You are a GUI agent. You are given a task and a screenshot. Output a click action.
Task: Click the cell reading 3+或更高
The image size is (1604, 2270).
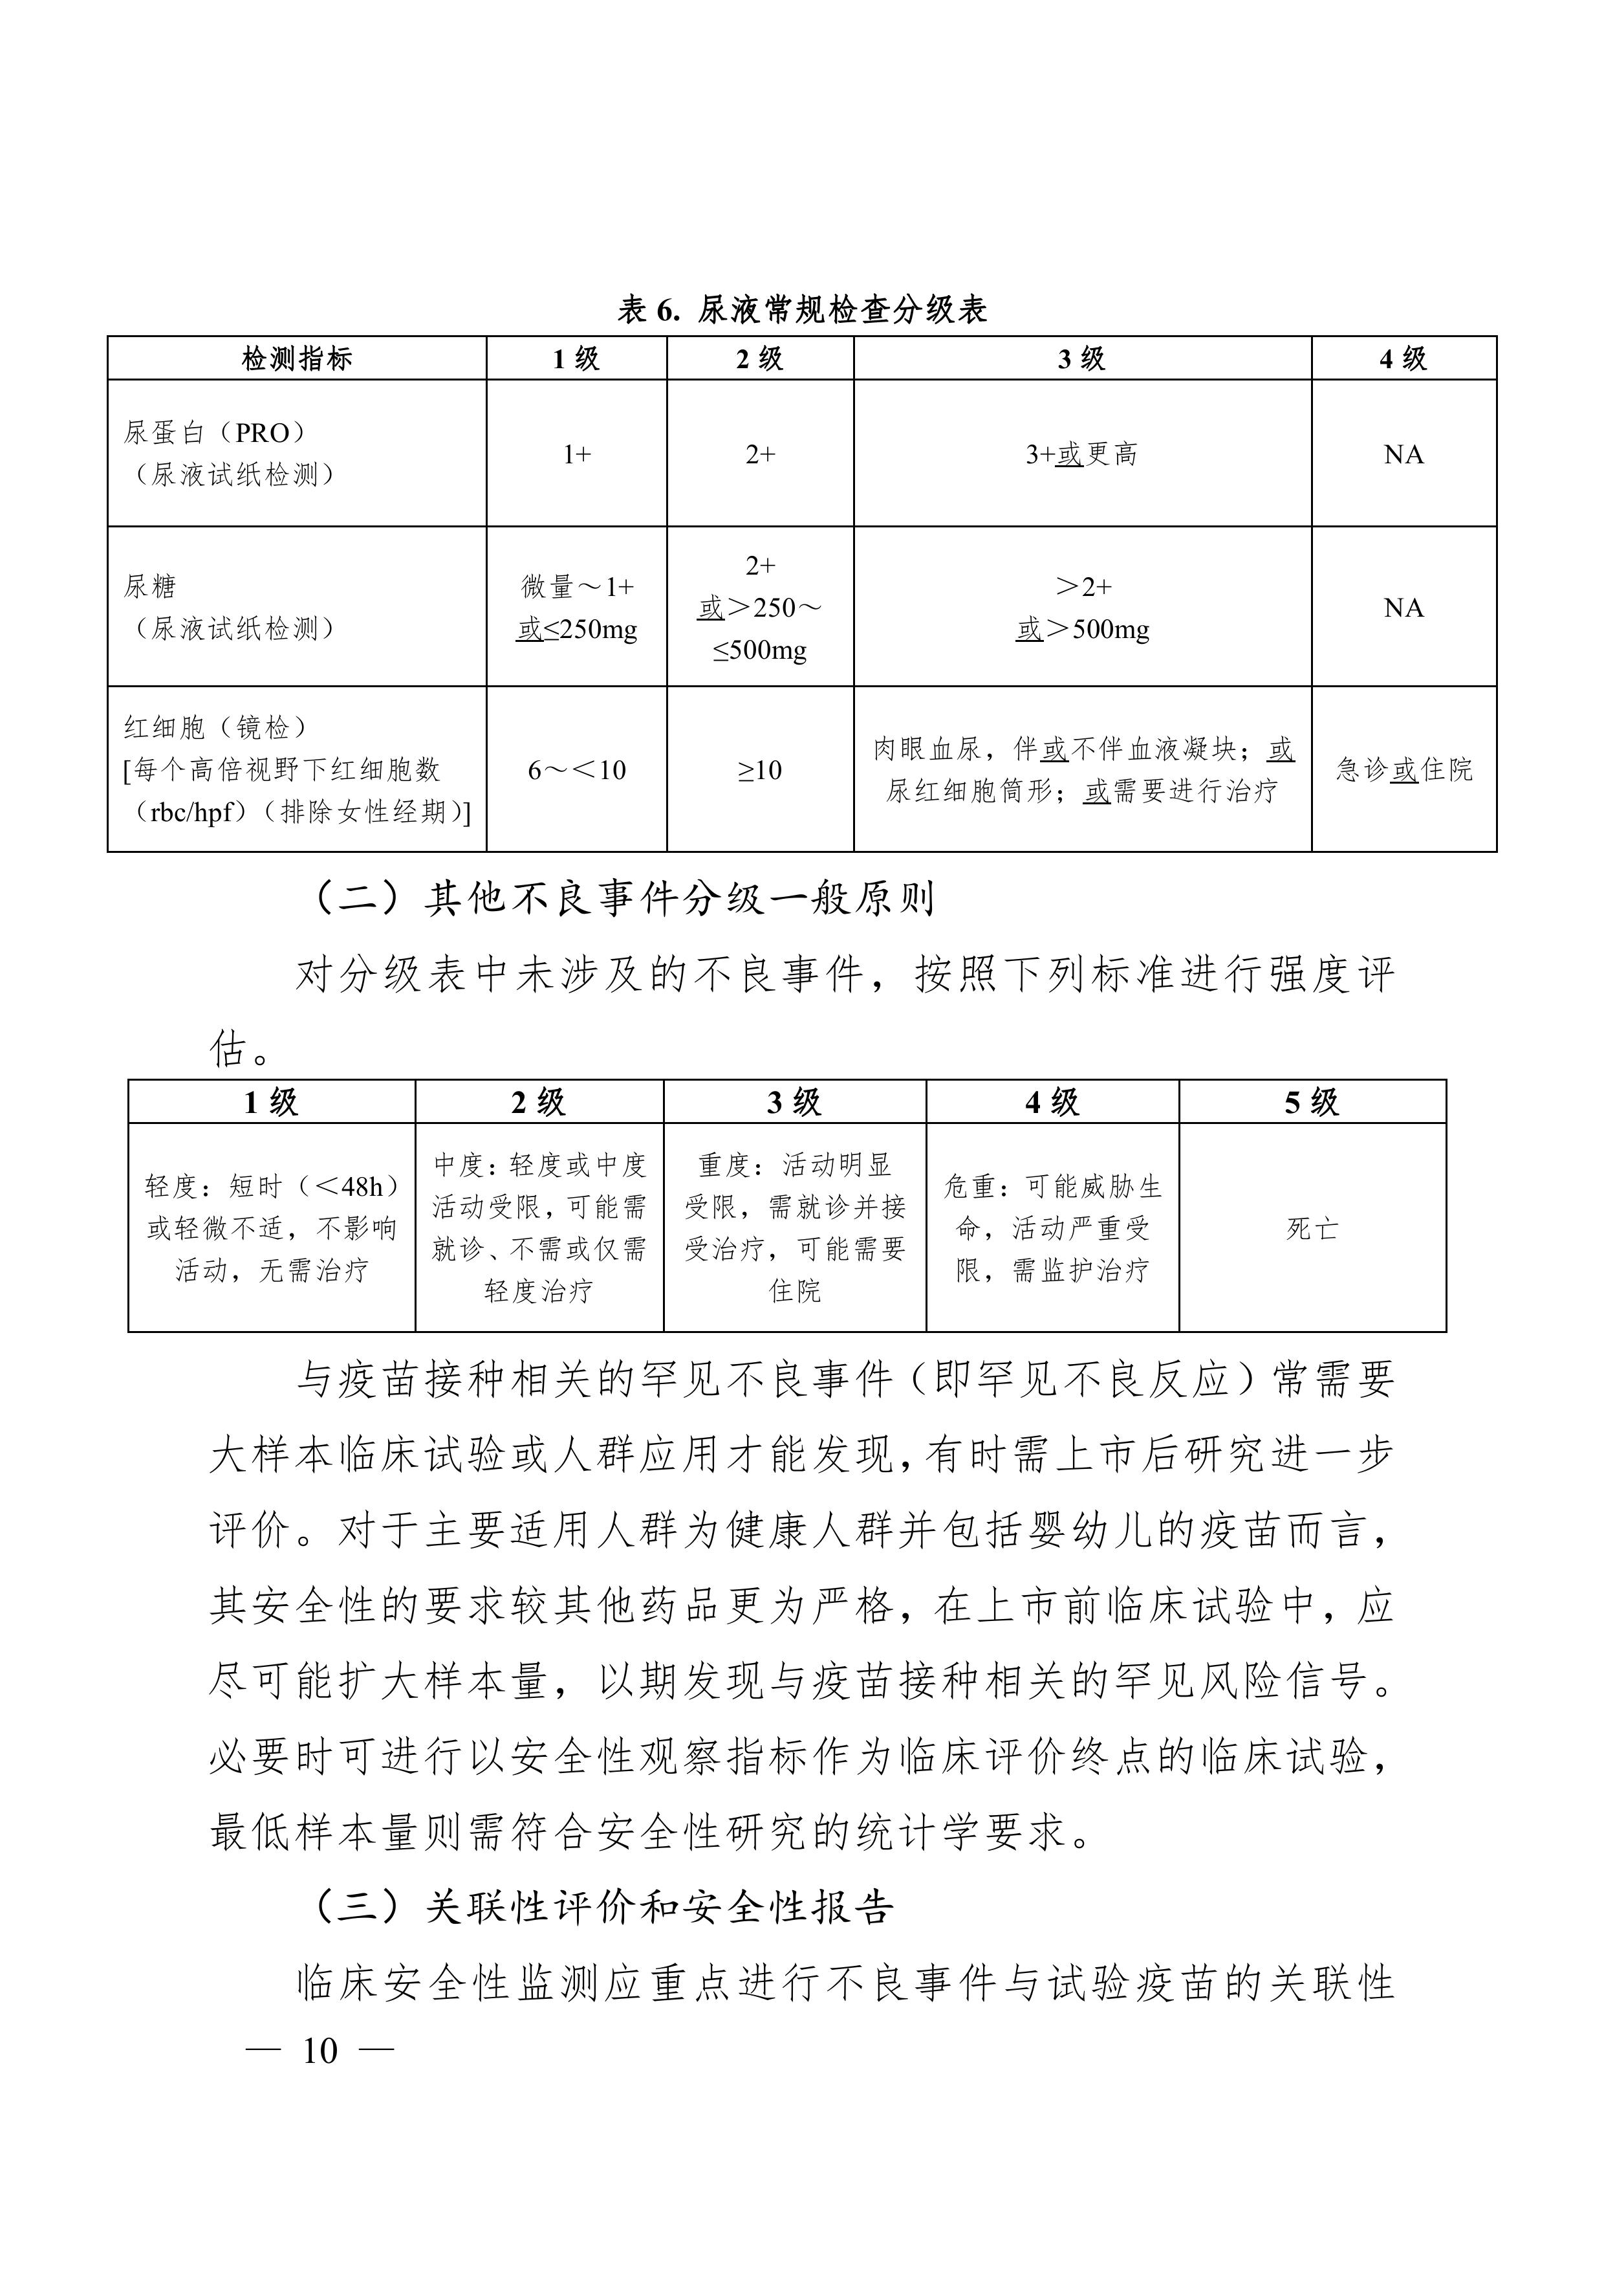tap(1081, 454)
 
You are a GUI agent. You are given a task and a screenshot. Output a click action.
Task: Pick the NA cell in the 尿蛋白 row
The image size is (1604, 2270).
tap(1403, 454)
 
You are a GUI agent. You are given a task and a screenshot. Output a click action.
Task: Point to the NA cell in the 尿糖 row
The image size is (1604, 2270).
tap(1403, 607)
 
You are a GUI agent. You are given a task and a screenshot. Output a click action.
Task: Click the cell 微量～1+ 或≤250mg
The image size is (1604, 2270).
tap(577, 607)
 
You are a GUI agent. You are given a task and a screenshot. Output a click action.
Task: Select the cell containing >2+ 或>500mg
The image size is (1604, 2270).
tap(1082, 607)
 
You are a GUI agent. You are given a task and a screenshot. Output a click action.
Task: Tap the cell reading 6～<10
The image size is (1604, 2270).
tap(577, 769)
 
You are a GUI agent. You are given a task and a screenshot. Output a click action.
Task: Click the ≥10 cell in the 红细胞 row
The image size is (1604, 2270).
tap(759, 769)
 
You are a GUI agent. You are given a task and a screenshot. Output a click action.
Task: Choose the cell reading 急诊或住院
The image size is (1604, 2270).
tap(1403, 769)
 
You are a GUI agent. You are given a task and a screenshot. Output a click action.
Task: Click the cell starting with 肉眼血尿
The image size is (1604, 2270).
tap(1082, 769)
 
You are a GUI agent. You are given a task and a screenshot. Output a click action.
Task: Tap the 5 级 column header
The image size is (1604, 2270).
tap(1312, 1101)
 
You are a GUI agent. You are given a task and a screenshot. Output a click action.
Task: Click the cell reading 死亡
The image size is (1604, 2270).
tap(1312, 1228)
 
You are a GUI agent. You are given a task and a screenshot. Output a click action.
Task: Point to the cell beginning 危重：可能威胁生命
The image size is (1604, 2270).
tap(1052, 1228)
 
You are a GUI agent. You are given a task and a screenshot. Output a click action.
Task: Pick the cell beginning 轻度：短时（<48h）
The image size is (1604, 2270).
tap(272, 1228)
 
